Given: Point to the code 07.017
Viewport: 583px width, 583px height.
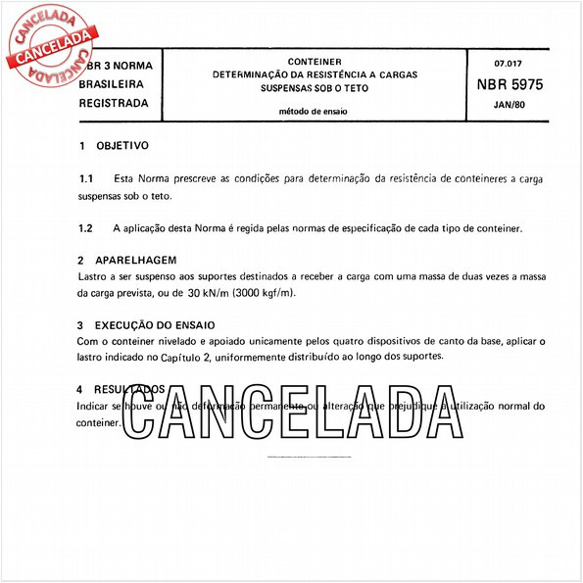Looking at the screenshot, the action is point(509,62).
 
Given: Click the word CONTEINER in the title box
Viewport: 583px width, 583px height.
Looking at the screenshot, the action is point(316,61).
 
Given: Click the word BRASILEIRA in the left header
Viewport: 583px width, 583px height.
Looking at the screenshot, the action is point(114,85).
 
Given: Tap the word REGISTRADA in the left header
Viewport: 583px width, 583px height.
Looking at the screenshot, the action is point(114,102).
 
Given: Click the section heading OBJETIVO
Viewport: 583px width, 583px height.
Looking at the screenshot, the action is point(122,145).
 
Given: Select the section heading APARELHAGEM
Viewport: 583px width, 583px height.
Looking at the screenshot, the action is point(136,261).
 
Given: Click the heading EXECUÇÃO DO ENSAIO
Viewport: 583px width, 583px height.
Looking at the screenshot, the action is point(156,324).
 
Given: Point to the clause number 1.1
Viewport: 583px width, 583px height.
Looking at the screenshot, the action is point(86,180).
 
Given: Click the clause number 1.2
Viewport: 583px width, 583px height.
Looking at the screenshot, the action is point(86,228).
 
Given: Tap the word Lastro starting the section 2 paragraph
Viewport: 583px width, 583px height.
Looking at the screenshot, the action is point(93,277).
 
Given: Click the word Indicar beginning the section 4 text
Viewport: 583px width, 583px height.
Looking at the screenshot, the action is point(96,405).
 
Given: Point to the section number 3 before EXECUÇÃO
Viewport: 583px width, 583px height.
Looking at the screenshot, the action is point(80,324).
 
